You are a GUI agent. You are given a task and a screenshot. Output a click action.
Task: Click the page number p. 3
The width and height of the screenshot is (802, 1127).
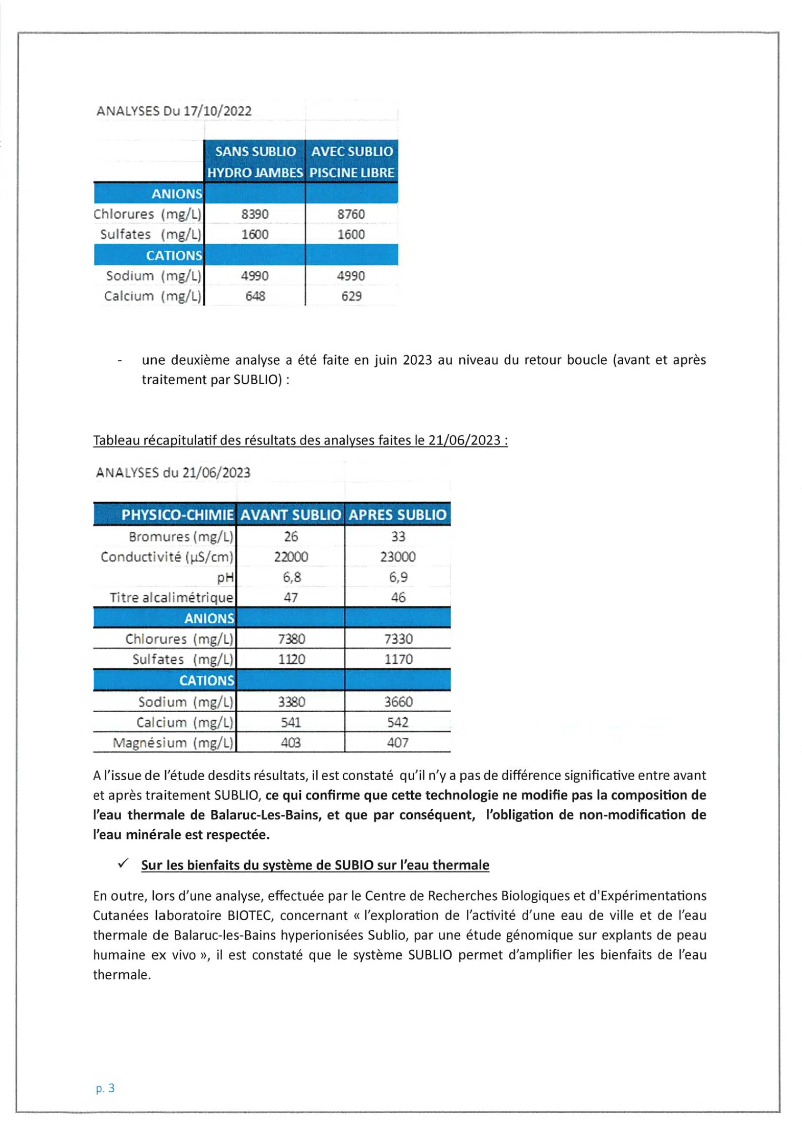coord(105,1088)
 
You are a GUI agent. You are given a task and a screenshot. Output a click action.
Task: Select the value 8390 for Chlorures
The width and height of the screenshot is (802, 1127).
coord(255,214)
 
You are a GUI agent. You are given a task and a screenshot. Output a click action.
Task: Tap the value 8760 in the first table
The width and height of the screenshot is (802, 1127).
coord(351,214)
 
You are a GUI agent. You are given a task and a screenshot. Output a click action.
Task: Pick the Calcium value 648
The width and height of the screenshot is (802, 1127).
coord(255,296)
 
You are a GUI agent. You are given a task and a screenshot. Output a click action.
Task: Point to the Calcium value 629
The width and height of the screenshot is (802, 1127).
coord(351,296)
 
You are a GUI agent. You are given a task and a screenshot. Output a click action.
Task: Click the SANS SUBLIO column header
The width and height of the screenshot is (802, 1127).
coord(255,152)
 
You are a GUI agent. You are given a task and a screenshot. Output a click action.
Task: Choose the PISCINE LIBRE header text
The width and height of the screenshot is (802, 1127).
coord(351,173)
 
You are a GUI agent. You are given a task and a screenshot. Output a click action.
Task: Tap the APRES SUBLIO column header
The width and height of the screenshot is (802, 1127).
coord(397,514)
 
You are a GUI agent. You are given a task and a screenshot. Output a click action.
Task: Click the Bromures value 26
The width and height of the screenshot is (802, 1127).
coord(291,536)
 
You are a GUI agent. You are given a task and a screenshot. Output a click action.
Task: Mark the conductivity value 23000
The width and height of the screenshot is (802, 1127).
coord(397,556)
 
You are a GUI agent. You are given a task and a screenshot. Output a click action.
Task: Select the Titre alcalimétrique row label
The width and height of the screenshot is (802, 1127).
coord(171,597)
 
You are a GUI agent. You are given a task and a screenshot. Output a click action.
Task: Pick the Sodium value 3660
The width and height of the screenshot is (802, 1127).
coord(398,701)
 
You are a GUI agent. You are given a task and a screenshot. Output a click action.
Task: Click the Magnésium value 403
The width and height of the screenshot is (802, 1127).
coord(291,742)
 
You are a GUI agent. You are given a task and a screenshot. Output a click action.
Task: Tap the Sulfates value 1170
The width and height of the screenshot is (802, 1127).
coord(398,659)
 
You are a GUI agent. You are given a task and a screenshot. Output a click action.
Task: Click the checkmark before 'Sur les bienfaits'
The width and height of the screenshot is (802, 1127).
coord(123,863)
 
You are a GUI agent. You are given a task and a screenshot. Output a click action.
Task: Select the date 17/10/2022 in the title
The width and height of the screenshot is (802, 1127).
coord(217,111)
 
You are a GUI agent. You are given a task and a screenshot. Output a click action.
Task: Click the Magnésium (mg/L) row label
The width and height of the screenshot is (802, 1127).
coord(173,742)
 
